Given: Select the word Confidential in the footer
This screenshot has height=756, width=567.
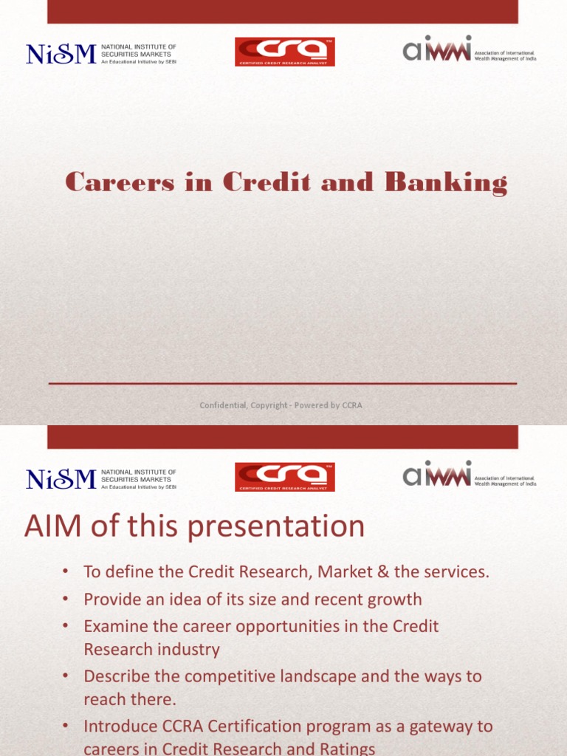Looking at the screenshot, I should (x=225, y=405).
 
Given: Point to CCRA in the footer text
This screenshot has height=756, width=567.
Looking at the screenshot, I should (x=351, y=405).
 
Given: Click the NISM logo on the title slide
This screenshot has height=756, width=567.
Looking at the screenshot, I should (x=101, y=54).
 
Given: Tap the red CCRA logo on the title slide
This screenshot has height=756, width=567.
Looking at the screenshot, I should (x=284, y=52).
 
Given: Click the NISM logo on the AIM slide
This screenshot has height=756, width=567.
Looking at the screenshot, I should (x=101, y=479).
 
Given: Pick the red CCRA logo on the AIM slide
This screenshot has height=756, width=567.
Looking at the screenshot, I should (x=284, y=477).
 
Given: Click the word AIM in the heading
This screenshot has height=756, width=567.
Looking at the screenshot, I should (x=52, y=527).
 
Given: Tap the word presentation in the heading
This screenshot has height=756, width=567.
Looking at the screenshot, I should (x=288, y=527).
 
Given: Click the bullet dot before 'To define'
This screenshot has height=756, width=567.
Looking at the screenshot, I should (x=66, y=572).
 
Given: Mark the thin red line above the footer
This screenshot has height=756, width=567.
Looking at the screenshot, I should (x=283, y=384).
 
